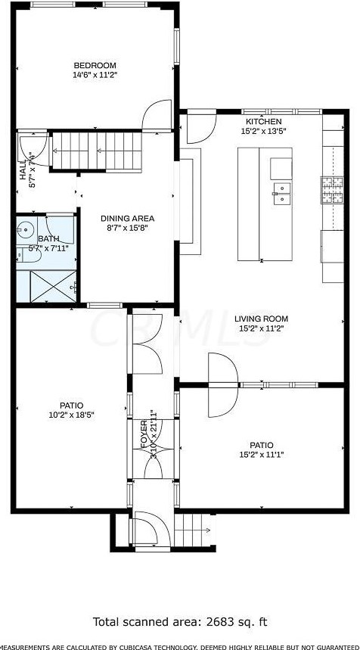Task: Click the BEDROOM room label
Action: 95,65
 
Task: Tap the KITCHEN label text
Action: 263,122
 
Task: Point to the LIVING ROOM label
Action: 263,319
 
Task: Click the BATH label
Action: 38,239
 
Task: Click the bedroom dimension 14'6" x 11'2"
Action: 95,75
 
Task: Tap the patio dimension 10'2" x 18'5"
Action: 73,415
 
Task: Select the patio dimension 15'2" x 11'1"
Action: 262,455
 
